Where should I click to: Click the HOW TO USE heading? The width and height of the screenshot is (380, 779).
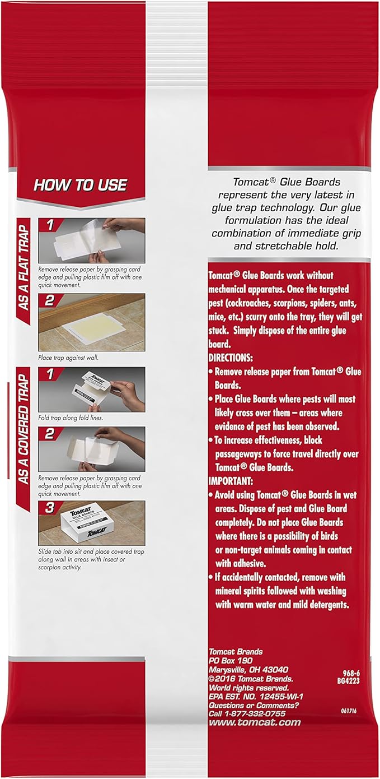(80, 185)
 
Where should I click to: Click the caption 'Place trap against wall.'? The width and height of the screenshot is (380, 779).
(65, 356)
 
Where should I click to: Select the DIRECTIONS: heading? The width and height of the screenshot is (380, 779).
(230, 357)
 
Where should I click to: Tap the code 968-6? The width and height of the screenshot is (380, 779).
(356, 671)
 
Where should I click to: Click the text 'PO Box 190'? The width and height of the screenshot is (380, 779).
(228, 661)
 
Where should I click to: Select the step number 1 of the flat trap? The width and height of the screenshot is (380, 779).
(49, 225)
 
